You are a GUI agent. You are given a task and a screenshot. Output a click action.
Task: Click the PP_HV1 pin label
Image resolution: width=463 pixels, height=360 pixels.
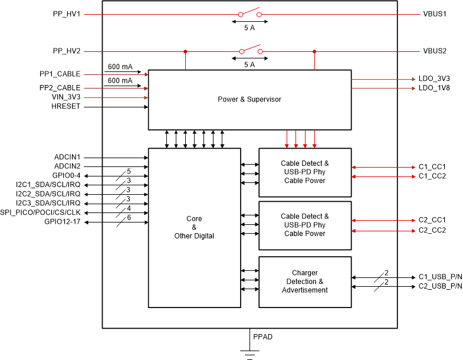click(x=66, y=13)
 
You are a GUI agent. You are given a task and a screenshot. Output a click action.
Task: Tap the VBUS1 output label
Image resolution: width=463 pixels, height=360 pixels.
click(x=435, y=13)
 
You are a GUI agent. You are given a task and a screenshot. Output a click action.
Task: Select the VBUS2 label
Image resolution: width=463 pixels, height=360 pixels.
click(x=435, y=51)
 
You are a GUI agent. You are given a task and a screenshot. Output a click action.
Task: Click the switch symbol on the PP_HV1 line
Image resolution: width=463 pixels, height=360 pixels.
click(x=249, y=13)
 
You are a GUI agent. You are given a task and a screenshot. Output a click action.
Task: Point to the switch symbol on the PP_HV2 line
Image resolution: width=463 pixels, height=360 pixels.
click(x=249, y=50)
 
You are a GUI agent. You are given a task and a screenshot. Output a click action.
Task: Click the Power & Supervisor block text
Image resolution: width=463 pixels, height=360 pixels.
click(x=249, y=99)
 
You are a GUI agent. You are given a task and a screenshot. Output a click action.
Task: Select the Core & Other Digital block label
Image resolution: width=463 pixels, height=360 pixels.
click(x=194, y=227)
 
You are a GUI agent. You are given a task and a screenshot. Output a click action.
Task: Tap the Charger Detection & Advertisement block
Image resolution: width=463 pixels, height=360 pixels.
click(x=305, y=282)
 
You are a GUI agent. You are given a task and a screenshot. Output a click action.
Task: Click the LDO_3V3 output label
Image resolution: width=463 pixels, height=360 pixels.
click(x=434, y=78)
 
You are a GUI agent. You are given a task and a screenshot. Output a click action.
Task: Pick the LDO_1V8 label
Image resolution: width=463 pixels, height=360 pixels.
click(x=434, y=88)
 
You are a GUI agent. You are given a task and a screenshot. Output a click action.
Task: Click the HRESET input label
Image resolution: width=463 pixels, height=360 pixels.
click(x=66, y=107)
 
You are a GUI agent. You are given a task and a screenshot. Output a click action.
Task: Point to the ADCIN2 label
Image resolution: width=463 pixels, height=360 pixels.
click(x=67, y=166)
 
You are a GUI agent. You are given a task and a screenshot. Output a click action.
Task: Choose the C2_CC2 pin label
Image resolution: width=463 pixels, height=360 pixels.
click(x=432, y=230)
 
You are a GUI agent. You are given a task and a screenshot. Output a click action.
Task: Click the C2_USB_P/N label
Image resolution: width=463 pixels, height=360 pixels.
click(x=441, y=287)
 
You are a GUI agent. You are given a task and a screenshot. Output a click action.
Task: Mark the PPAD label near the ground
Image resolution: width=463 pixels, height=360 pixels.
click(x=262, y=337)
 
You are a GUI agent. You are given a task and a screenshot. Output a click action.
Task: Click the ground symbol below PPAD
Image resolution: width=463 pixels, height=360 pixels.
click(x=249, y=354)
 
